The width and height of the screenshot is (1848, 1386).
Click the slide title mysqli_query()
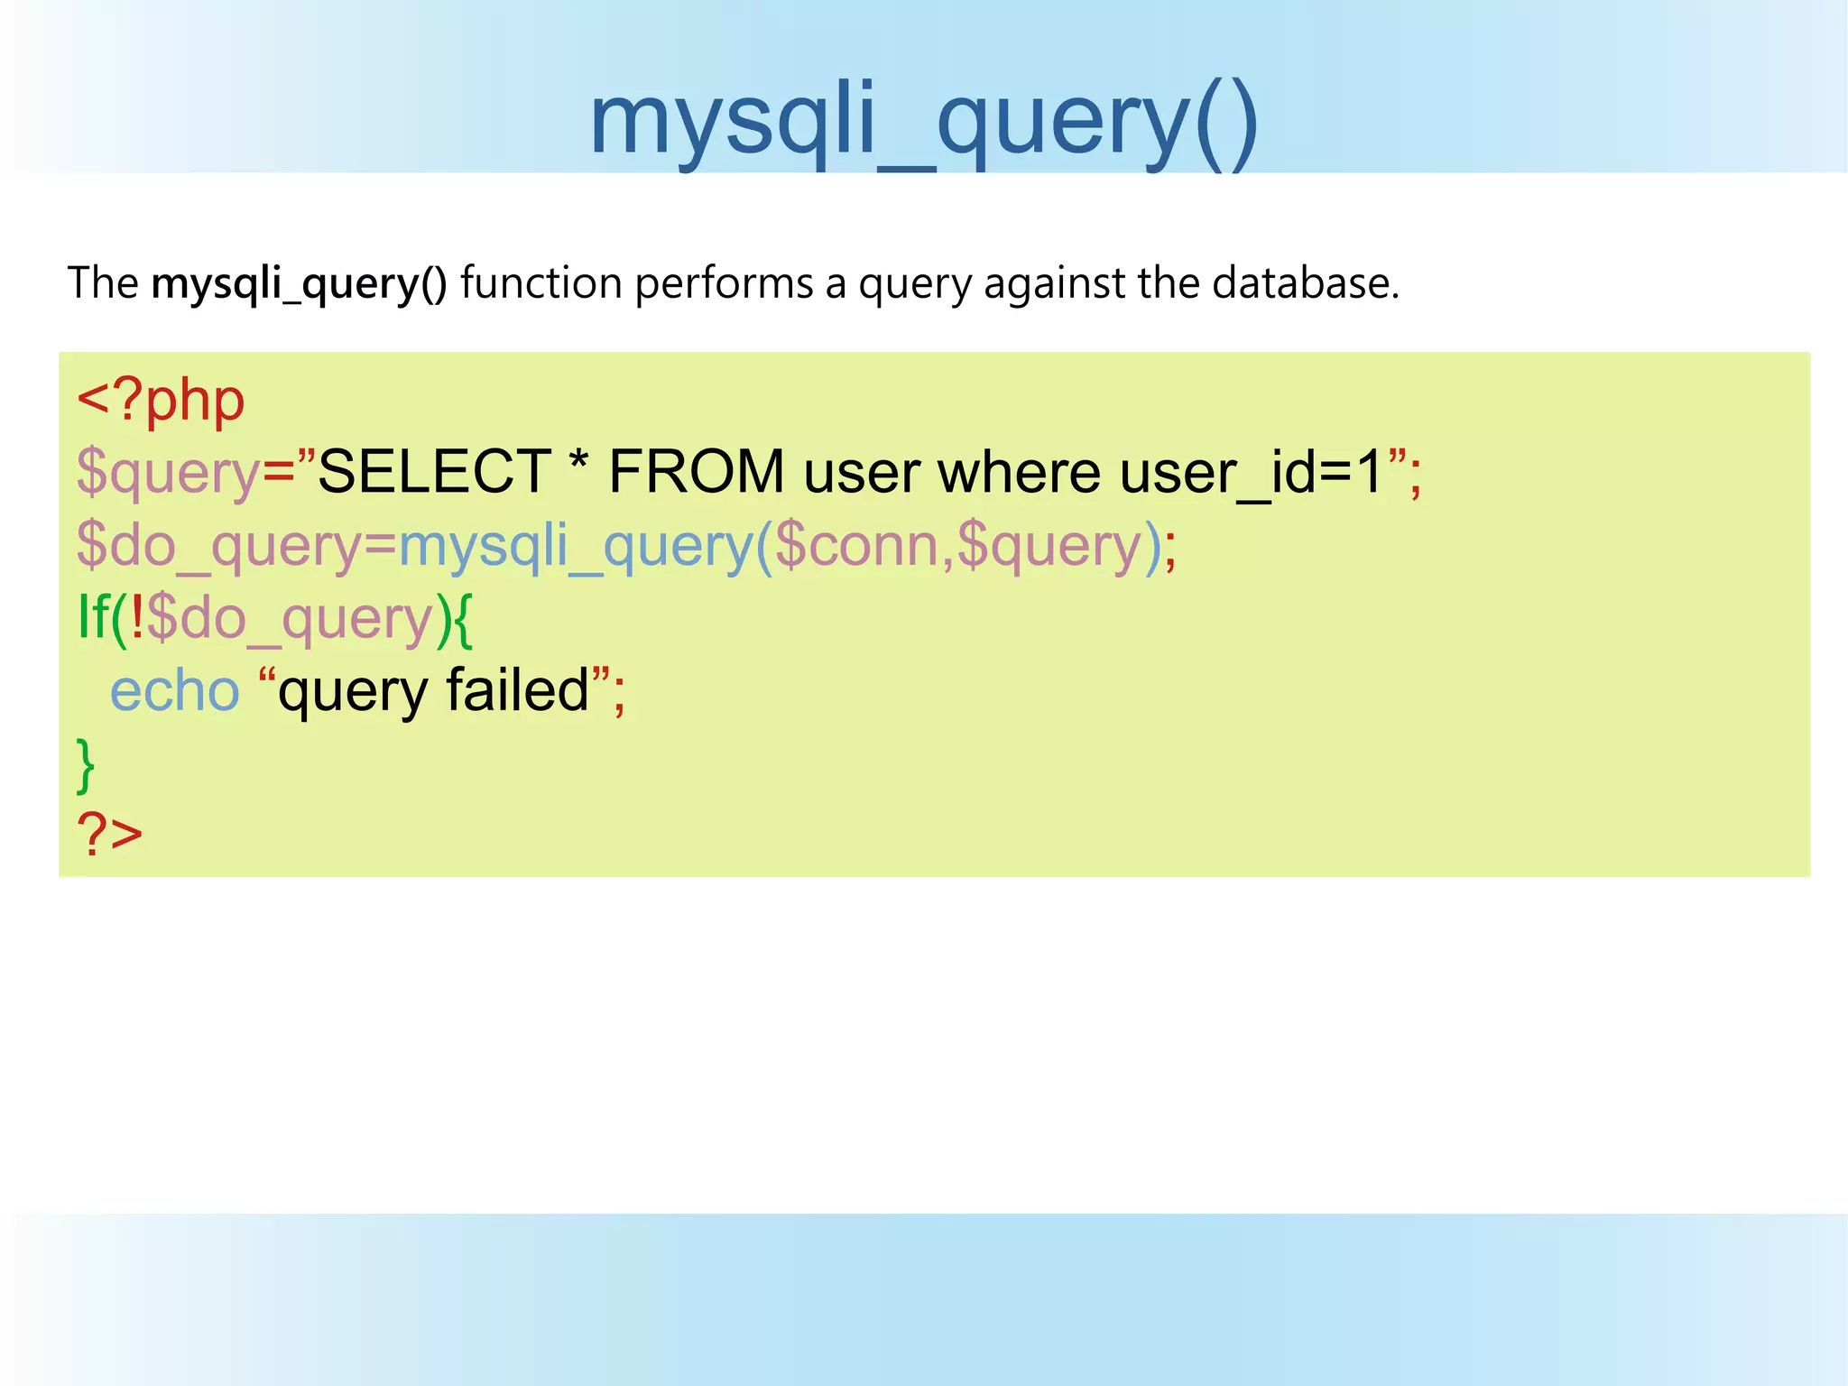pos(923,122)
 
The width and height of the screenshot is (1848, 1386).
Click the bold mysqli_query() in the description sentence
pos(299,283)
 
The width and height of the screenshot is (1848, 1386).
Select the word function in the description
pos(541,283)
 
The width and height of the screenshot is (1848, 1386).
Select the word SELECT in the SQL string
pos(435,472)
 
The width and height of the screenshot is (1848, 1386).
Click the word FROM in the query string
pos(697,472)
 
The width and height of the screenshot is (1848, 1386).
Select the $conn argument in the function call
pos(856,545)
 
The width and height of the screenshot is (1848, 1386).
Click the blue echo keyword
pos(174,691)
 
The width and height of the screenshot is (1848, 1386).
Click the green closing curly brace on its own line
pos(86,765)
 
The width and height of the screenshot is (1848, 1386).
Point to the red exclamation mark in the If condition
pos(137,617)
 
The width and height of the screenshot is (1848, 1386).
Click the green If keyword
pos(94,617)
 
